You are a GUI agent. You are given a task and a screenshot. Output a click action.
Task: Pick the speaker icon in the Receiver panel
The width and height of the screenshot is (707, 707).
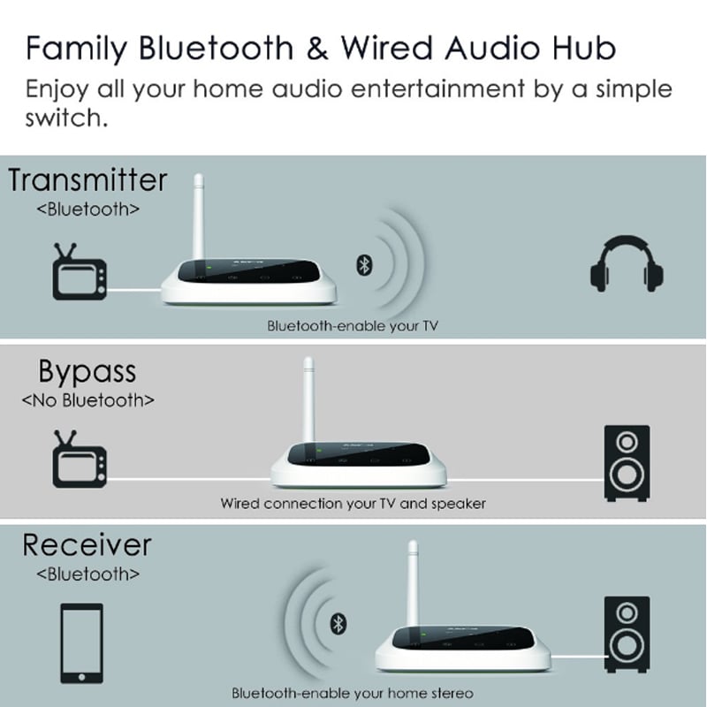coord(627,635)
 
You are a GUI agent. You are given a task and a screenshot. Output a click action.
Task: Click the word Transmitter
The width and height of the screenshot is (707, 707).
coord(87,180)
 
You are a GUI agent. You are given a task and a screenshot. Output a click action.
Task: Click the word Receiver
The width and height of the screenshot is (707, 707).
coord(87,544)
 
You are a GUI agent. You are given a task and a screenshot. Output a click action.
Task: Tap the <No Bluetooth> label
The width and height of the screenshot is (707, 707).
coord(87,399)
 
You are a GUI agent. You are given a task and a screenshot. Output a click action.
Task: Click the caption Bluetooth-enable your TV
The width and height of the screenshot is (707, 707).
coord(353,326)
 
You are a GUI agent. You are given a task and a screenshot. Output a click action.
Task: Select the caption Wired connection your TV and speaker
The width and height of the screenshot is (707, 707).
coord(353,504)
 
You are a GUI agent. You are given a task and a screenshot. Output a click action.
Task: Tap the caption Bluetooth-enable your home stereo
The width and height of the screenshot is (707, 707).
coord(353,692)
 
